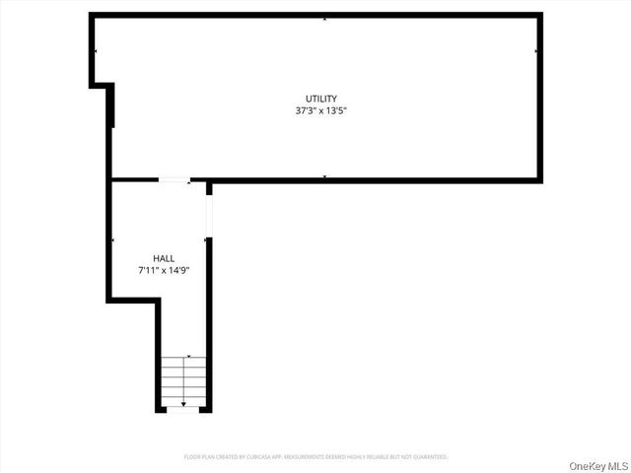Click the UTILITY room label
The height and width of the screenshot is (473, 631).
(320, 99)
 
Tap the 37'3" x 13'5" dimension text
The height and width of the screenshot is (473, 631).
(320, 110)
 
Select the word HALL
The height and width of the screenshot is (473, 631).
(164, 257)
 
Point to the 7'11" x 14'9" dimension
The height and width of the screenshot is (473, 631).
(164, 269)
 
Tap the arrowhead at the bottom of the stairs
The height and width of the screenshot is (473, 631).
(183, 404)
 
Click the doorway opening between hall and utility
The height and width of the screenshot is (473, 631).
(175, 179)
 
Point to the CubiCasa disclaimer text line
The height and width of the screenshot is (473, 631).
(315, 457)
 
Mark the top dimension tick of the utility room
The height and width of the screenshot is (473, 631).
(324, 19)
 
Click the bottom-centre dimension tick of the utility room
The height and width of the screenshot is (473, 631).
(324, 176)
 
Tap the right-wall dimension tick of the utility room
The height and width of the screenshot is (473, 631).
(535, 50)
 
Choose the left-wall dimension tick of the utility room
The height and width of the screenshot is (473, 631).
(96, 50)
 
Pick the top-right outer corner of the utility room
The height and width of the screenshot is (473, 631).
(540, 15)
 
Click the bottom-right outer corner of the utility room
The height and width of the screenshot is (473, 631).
(540, 180)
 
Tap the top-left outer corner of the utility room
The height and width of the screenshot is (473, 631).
(92, 15)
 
